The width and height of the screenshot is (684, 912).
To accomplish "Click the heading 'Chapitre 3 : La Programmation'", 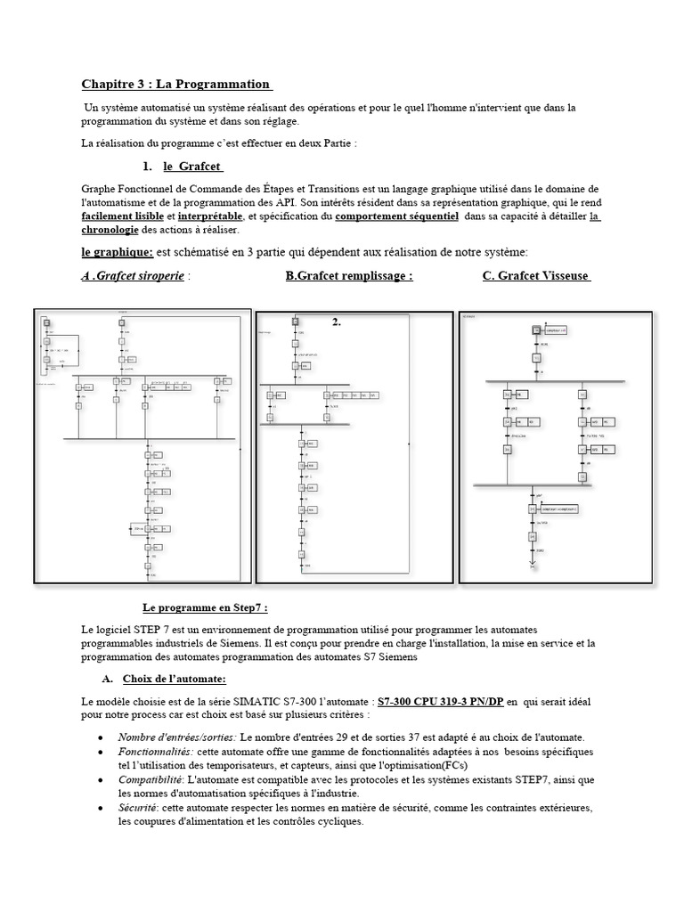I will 176,85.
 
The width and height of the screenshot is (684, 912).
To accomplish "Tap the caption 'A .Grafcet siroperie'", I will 133,276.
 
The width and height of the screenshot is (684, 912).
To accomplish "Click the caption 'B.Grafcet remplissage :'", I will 348,276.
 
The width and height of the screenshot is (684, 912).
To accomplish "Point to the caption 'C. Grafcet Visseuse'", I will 537,276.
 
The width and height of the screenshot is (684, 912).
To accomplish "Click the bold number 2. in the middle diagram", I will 337,322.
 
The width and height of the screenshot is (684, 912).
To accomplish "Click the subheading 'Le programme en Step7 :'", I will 205,607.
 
